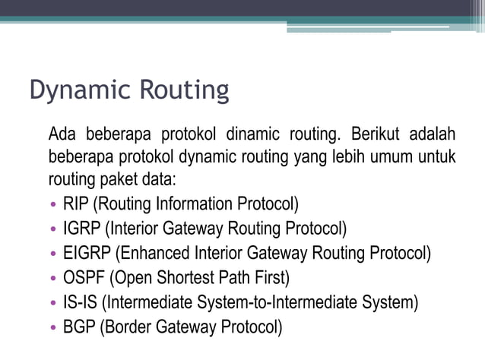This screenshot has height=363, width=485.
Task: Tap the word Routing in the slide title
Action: pyautogui.click(x=182, y=90)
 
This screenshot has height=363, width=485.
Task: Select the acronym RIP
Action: pyautogui.click(x=76, y=204)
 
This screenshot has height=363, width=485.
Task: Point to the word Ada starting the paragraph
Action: pyautogui.click(x=62, y=135)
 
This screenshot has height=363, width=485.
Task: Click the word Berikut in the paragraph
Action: pyautogui.click(x=376, y=135)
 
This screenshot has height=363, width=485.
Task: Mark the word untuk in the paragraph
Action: pyautogui.click(x=436, y=158)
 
